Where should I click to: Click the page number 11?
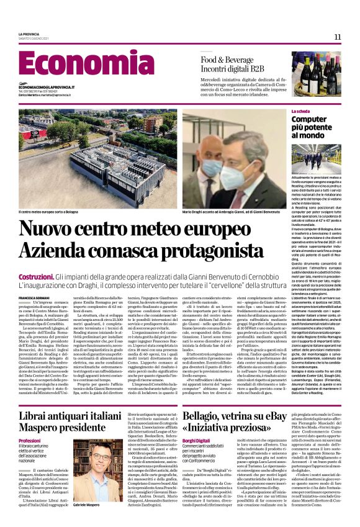coord(338,37)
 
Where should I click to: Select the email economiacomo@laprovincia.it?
coord(47,87)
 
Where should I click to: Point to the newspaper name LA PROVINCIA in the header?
coord(29,34)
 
